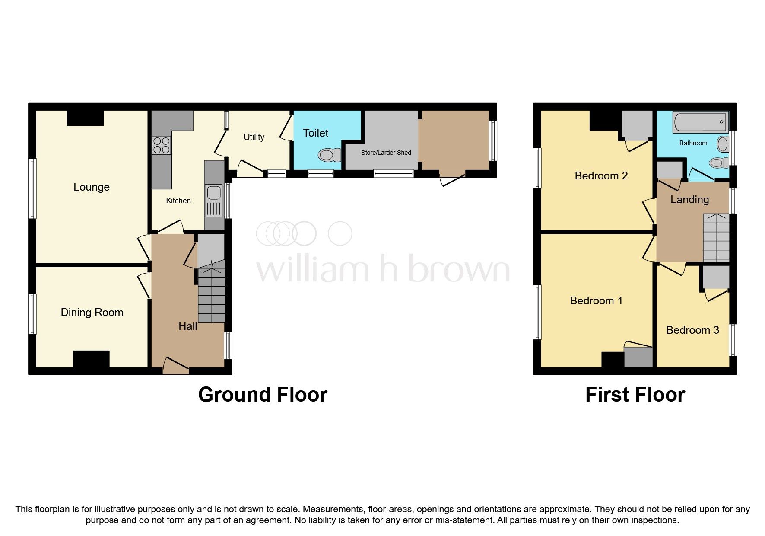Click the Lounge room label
point(92,187)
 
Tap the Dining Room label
point(92,312)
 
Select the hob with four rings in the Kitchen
point(162,145)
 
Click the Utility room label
point(254,137)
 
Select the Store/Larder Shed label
point(386,153)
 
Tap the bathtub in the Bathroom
point(700,122)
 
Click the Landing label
point(689,199)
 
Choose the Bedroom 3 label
point(692,330)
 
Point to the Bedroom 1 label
point(596,300)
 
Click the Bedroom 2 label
point(601,175)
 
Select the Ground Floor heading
point(263,395)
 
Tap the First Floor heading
point(635,395)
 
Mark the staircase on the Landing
point(716,237)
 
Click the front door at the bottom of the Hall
point(176,367)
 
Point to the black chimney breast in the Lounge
point(85,118)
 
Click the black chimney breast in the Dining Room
point(91,359)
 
